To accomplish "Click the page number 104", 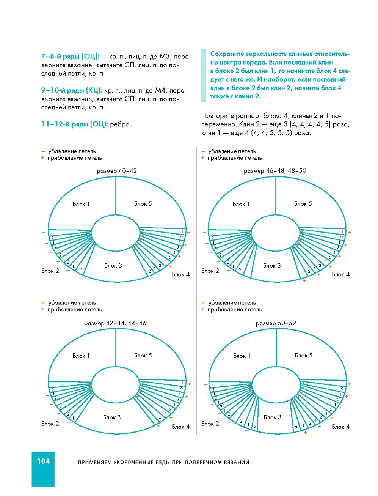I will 43,461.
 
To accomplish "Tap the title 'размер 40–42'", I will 117,171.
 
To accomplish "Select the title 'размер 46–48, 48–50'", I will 275,171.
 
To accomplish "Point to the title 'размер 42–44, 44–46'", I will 115,323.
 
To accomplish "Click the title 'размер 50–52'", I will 276,323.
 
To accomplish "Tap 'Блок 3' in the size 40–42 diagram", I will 113,266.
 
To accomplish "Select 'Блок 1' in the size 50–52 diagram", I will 242,356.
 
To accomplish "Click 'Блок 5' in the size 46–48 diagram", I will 303,204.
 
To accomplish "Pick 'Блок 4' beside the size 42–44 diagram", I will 180,427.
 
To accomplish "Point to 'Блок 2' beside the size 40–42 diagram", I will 50,271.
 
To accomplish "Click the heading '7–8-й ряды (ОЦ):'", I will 70,57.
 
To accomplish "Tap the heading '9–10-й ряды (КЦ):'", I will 72,90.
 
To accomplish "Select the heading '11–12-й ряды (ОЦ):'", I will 74,124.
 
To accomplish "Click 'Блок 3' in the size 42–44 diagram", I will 112,417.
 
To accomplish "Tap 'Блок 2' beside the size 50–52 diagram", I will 210,424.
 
